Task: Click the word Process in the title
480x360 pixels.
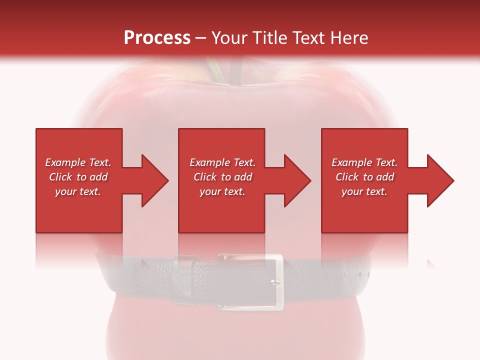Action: [157, 38]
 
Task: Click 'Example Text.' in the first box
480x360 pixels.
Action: [78, 162]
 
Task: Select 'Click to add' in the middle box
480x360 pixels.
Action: [222, 177]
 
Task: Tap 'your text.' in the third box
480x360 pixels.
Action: [364, 191]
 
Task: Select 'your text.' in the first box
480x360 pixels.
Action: [78, 191]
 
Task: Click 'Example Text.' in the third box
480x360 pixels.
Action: [364, 162]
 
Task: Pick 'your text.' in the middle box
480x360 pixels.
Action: [222, 191]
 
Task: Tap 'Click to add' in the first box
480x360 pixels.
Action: [78, 177]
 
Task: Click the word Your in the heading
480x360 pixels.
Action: [230, 38]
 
